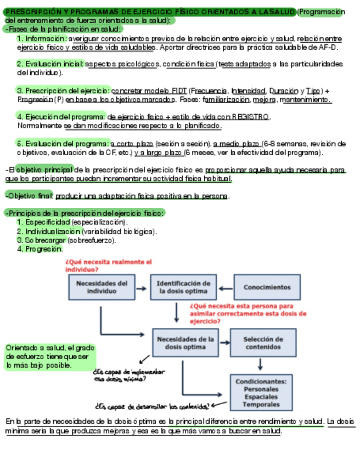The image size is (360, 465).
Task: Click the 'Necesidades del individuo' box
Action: point(102,287)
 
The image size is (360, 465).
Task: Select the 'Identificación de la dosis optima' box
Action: point(183,287)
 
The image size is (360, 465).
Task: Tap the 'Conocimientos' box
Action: point(267,287)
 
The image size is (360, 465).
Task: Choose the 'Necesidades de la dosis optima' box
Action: point(185,343)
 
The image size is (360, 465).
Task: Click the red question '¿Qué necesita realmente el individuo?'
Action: point(108,265)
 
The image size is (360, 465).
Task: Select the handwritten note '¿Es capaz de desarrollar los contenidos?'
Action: point(151,406)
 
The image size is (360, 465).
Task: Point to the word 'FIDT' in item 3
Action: point(178,90)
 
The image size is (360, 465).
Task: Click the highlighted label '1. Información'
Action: point(42,39)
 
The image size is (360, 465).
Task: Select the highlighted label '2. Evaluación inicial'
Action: point(50,64)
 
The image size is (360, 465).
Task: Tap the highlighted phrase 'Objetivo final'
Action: point(29,196)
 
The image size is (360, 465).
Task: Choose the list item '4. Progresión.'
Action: point(40,249)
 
